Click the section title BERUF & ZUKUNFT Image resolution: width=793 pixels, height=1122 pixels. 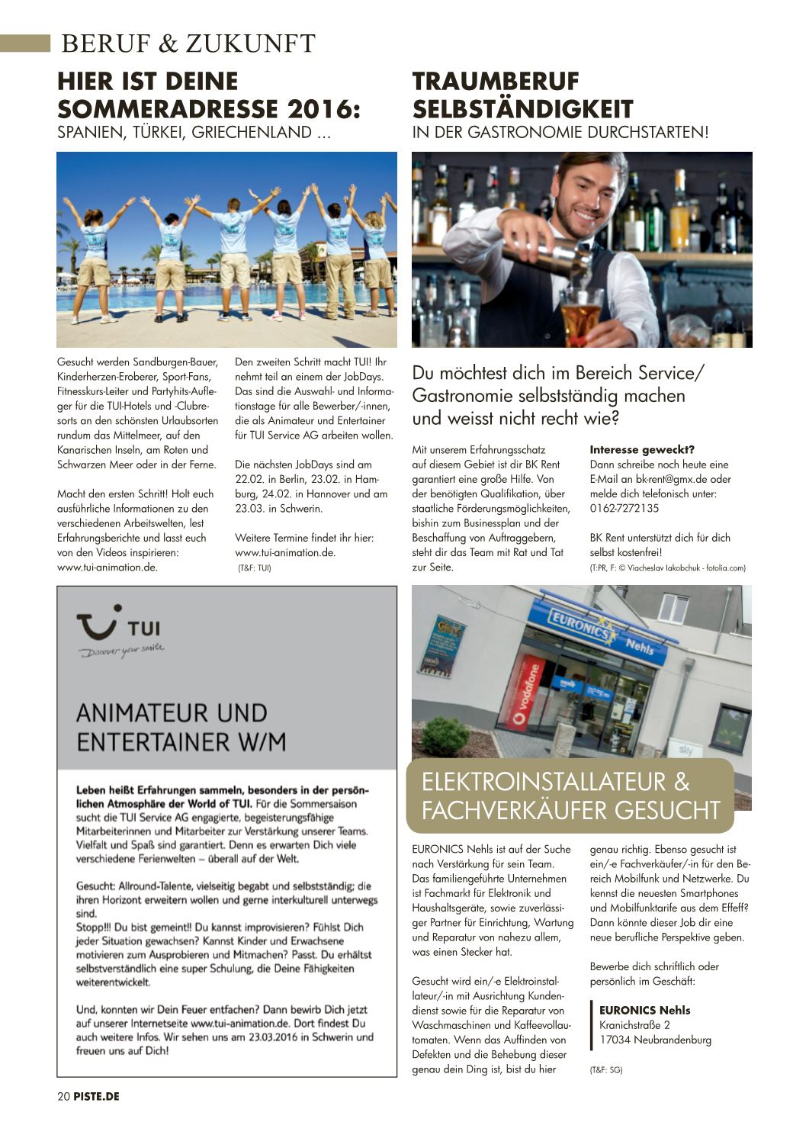pos(188,44)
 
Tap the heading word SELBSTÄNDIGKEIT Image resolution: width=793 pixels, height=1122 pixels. pos(523,108)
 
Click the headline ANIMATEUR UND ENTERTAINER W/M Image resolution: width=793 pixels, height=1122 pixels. pos(181,727)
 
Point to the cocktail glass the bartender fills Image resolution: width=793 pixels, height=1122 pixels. pos(582,313)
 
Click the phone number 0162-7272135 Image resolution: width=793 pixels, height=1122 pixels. pos(624,509)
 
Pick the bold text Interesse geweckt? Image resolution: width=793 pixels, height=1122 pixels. pos(642,450)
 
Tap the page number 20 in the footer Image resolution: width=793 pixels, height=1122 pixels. pos(63,1096)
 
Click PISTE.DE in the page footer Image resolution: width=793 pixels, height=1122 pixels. pos(97,1096)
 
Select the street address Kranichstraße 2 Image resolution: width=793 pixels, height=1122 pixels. pos(634,1025)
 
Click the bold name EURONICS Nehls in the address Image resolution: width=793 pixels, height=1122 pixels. pos(644,1011)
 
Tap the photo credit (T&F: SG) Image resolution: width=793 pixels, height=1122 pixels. pos(606,1070)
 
